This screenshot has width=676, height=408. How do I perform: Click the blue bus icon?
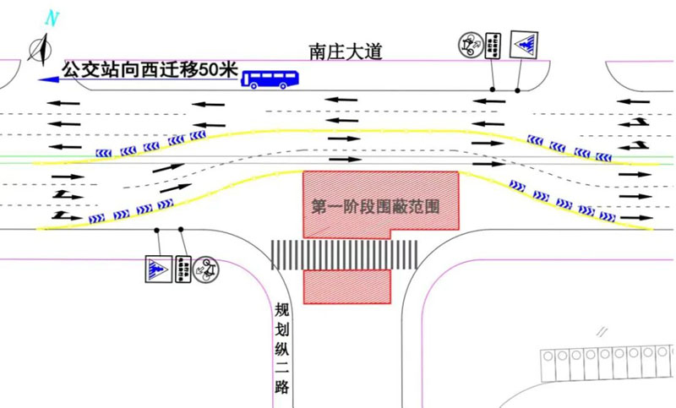[270, 79]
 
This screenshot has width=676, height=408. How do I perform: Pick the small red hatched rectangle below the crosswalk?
[347, 286]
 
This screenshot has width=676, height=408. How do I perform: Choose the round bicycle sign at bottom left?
[207, 269]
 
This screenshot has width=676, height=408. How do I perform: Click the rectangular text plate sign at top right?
[495, 45]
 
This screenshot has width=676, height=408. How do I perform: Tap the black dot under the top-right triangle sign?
[517, 90]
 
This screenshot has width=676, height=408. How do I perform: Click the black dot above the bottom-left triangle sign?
[157, 230]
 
